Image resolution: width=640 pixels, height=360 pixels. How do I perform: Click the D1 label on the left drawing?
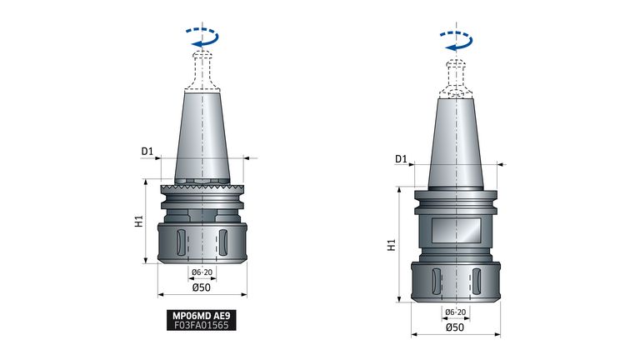[x=147, y=152]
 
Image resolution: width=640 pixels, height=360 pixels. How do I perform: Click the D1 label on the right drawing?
[x=401, y=159]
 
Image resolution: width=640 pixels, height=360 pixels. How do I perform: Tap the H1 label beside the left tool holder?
[x=139, y=221]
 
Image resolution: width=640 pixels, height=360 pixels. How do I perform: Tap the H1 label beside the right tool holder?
[x=392, y=245]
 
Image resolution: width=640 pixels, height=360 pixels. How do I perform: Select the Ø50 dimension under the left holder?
[x=201, y=287]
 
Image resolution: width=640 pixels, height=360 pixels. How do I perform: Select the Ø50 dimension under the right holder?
[x=455, y=327]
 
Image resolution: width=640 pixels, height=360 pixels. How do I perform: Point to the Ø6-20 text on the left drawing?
[x=202, y=272]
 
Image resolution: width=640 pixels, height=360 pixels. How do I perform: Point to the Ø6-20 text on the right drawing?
[x=456, y=312]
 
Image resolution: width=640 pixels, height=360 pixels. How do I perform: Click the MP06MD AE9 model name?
[x=201, y=316]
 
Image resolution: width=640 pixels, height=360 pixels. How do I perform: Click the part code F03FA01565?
[x=201, y=325]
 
